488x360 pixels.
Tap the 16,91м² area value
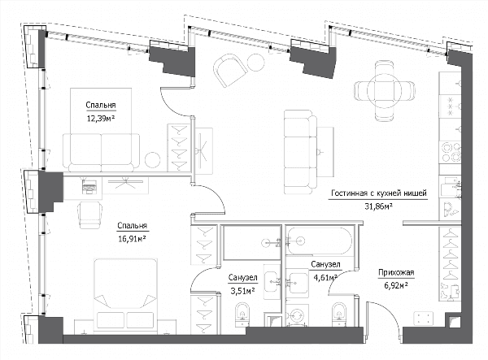pos(133,239)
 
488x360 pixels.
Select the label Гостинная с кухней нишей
pos(379,193)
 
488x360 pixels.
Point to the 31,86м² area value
pos(378,206)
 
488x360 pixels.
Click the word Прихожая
pos(396,273)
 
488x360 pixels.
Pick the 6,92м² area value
pos(396,285)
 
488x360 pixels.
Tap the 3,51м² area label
pos(242,291)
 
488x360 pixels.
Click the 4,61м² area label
pos(325,277)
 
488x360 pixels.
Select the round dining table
pos(385,90)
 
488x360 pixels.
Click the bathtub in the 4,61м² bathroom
pos(320,241)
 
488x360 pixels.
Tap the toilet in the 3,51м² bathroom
pos(242,314)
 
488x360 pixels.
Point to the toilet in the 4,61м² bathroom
pos(339,314)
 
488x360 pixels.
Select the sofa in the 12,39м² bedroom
pos(101,152)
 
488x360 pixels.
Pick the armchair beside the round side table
pos(229,70)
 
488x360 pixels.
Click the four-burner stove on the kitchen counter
pos(450,152)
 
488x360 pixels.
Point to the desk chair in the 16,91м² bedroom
pos(90,215)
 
